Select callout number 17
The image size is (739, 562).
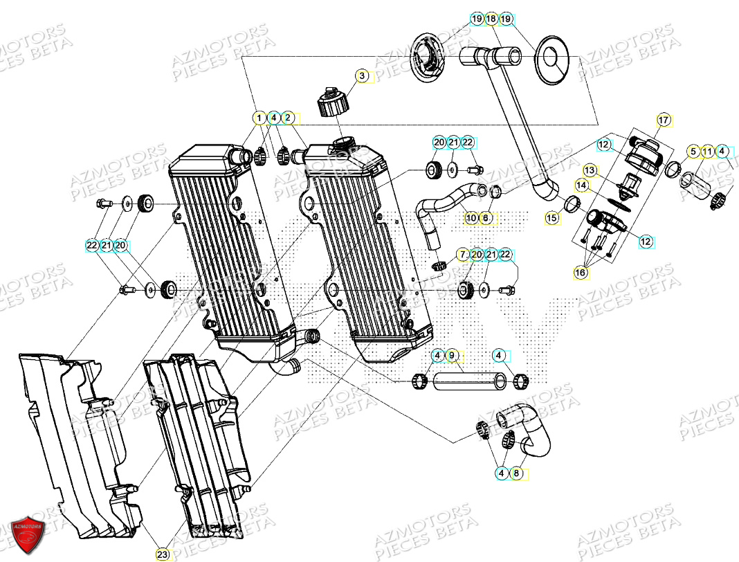point(663,120)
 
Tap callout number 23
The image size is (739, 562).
point(161,554)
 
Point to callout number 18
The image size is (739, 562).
point(491,19)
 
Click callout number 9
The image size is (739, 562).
point(451,356)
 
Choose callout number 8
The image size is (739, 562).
point(516,473)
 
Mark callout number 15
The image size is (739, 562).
point(551,217)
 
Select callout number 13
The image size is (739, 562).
point(589,170)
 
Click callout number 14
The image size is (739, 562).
point(582,185)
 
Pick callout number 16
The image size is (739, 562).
point(580,273)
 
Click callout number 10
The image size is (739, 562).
point(471,218)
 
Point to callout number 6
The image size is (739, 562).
point(485,218)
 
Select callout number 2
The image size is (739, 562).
point(289,118)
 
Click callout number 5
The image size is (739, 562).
point(693,150)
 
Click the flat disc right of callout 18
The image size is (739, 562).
point(556,59)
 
